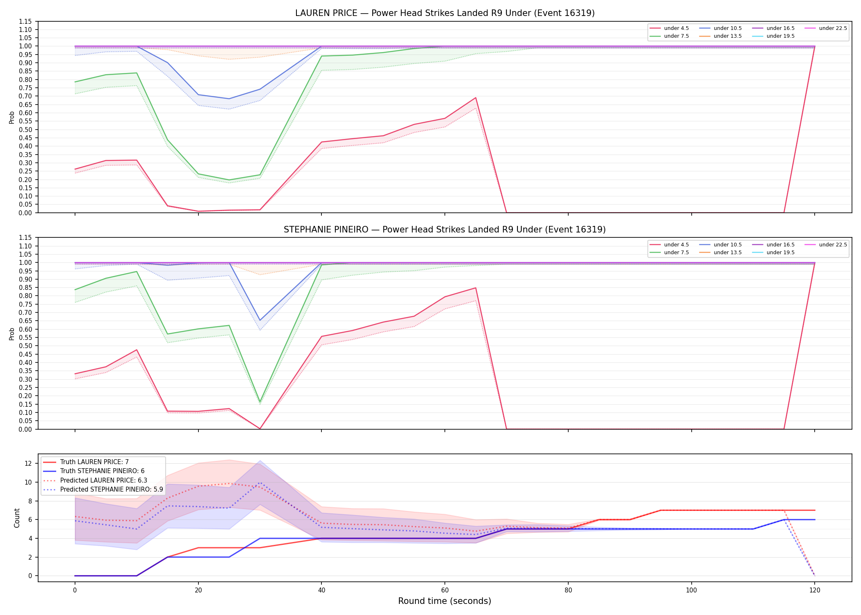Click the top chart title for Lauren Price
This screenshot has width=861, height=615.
pyautogui.click(x=445, y=13)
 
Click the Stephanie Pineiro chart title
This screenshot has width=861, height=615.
pyautogui.click(x=445, y=230)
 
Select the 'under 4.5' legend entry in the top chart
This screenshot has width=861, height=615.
pyautogui.click(x=669, y=28)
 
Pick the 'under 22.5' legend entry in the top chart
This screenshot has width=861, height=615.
pyautogui.click(x=826, y=28)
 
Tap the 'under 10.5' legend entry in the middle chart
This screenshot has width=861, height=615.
pyautogui.click(x=720, y=245)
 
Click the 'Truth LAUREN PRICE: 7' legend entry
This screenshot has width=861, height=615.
pyautogui.click(x=86, y=462)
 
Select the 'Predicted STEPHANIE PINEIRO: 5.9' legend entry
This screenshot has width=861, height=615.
pyautogui.click(x=103, y=490)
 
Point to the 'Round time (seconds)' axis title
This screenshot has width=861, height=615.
pyautogui.click(x=445, y=601)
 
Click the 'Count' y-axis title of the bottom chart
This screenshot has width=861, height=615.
pyautogui.click(x=17, y=518)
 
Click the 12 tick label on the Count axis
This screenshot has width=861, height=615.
pyautogui.click(x=28, y=464)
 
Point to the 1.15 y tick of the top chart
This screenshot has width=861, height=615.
pyautogui.click(x=25, y=21)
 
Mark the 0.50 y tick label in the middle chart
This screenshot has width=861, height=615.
pyautogui.click(x=25, y=346)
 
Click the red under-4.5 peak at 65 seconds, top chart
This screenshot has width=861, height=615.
pyautogui.click(x=476, y=98)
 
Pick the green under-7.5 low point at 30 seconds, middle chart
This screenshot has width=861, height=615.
pyautogui.click(x=260, y=402)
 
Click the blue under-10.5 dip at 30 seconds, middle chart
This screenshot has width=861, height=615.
pyautogui.click(x=260, y=320)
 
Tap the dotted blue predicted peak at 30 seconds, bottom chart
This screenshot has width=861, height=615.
pyautogui.click(x=260, y=483)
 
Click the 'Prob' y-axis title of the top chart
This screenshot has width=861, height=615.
pyautogui.click(x=12, y=117)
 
